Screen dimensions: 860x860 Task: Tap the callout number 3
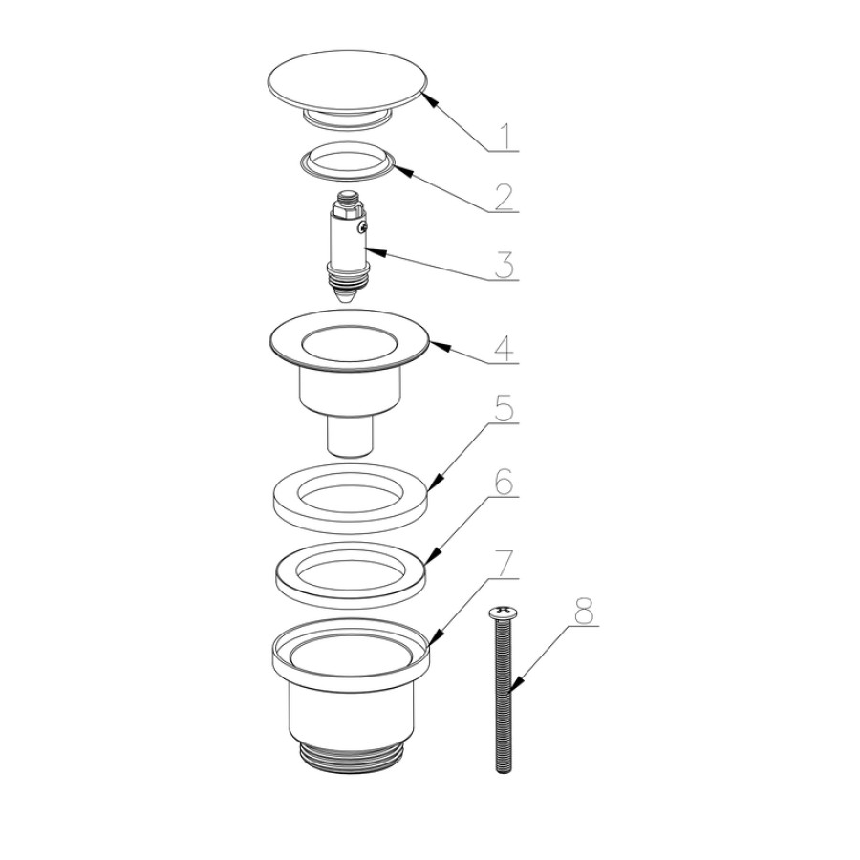coord(504,266)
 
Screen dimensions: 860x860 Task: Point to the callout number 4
coord(504,348)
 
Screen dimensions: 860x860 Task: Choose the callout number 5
coord(504,407)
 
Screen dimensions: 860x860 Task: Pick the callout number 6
coord(504,482)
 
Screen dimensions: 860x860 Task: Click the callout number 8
coord(583,611)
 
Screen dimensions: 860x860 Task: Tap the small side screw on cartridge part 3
coord(361,226)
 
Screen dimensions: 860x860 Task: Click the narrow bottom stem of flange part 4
coord(351,436)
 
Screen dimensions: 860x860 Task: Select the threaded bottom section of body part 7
coord(351,757)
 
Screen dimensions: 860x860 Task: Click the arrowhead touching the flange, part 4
coord(440,347)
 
